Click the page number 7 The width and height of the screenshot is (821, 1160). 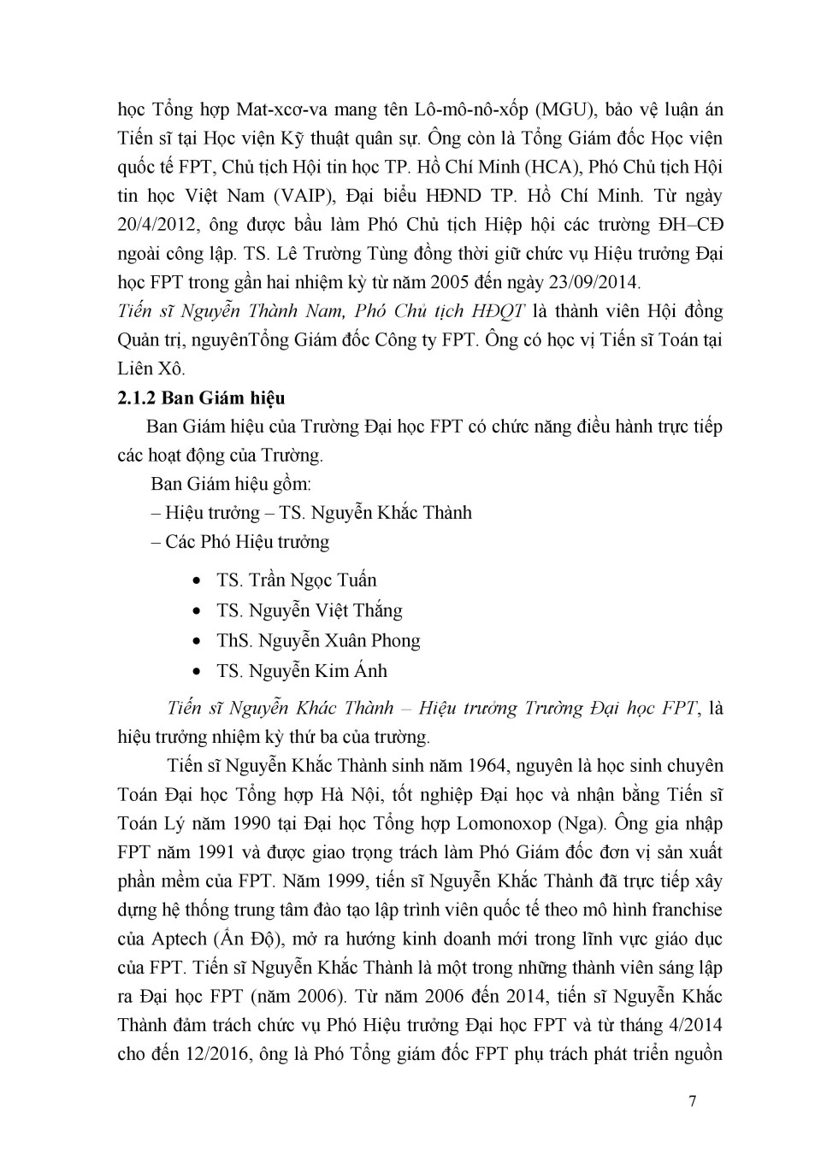tap(692, 1100)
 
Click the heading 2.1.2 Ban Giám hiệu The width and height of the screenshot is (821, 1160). tap(201, 397)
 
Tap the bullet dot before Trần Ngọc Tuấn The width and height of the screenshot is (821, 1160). tap(198, 580)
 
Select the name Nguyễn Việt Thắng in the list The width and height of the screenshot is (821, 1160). tap(325, 610)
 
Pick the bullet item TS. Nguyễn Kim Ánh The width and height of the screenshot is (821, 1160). tap(302, 671)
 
